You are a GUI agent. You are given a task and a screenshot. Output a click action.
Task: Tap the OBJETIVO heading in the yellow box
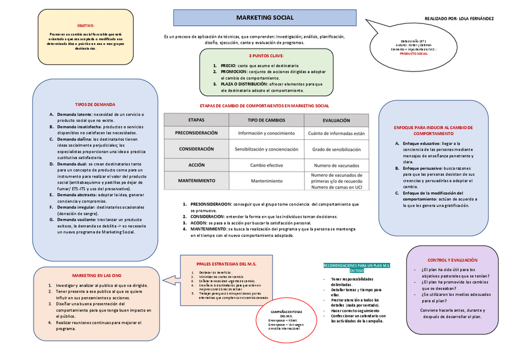[86, 26]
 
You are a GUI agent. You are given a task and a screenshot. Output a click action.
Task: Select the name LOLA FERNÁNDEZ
[477, 19]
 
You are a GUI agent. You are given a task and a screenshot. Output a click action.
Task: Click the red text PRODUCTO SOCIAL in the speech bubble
[414, 53]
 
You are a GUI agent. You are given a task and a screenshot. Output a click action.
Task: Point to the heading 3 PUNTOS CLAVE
[266, 55]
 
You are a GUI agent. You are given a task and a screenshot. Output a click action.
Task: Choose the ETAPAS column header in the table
[196, 119]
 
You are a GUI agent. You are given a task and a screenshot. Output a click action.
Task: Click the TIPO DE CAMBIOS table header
[267, 119]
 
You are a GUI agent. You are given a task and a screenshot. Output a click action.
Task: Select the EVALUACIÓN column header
[336, 119]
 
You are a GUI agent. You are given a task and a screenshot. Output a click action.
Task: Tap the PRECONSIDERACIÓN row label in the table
[196, 133]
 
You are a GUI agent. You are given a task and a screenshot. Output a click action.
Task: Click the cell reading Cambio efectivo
[267, 164]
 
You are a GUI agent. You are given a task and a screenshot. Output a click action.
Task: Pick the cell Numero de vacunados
[336, 164]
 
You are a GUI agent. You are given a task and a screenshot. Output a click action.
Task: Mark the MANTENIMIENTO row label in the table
[196, 181]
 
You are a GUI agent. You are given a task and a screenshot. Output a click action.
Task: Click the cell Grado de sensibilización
[336, 149]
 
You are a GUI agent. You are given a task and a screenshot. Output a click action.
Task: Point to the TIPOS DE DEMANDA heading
[95, 104]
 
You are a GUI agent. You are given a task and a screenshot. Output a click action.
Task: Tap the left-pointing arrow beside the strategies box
[170, 279]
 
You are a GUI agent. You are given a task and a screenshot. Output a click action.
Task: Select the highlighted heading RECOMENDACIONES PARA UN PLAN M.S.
[357, 268]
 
